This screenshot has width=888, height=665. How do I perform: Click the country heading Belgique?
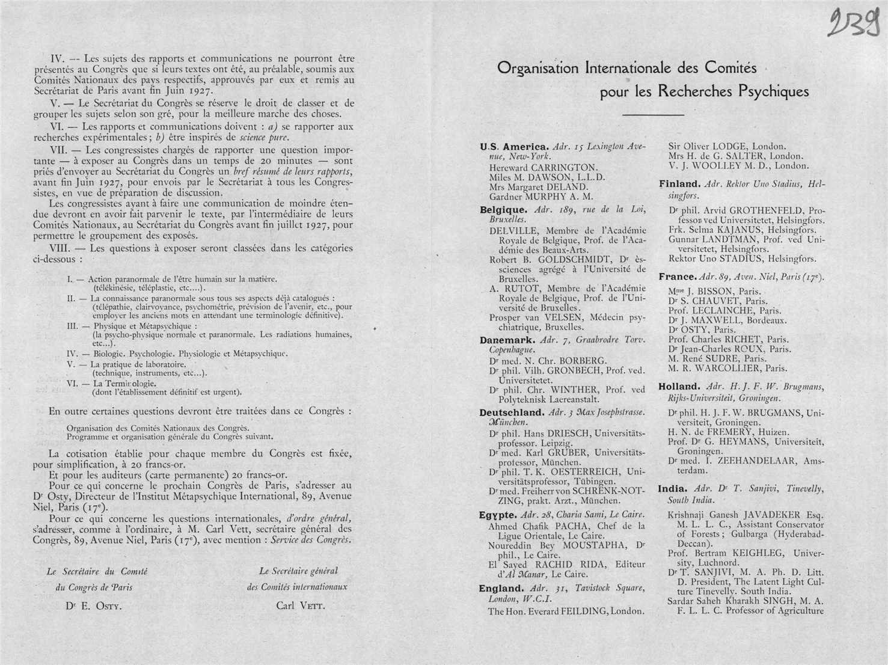(x=503, y=210)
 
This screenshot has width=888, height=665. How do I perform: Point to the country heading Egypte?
(x=498, y=515)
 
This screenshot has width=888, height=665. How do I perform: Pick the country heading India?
(x=672, y=489)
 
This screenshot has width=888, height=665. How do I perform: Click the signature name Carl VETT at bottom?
(x=301, y=605)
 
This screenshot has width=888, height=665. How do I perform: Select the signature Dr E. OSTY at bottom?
(x=94, y=606)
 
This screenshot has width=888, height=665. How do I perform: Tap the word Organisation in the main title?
(x=537, y=69)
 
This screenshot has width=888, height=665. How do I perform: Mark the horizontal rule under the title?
(x=653, y=114)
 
